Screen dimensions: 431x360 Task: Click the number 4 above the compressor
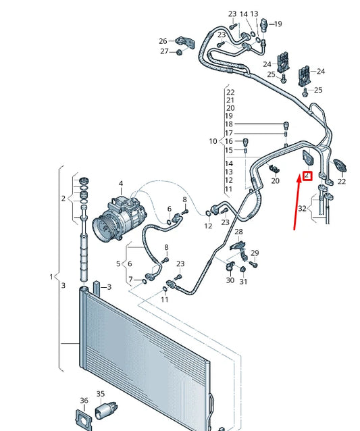[x=121, y=184]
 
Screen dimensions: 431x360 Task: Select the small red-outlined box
[x=307, y=176]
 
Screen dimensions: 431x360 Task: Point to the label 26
[x=163, y=41]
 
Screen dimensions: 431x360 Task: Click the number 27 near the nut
[x=164, y=51]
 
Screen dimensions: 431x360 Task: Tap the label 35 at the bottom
[x=100, y=394]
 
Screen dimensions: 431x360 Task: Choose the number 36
[x=84, y=401]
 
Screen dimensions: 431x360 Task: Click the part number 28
[x=238, y=232]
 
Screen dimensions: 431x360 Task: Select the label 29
[x=255, y=253]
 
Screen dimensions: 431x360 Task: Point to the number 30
[x=230, y=280]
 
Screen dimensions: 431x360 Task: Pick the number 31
[x=244, y=282]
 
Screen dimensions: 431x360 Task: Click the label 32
[x=301, y=209]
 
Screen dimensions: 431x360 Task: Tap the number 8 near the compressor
[x=184, y=199]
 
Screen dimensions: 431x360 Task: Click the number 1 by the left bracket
[x=51, y=277]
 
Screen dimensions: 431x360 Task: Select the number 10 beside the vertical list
[x=213, y=141]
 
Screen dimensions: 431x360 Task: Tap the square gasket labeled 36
[x=82, y=419]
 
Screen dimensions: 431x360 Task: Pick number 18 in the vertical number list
[x=229, y=124]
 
